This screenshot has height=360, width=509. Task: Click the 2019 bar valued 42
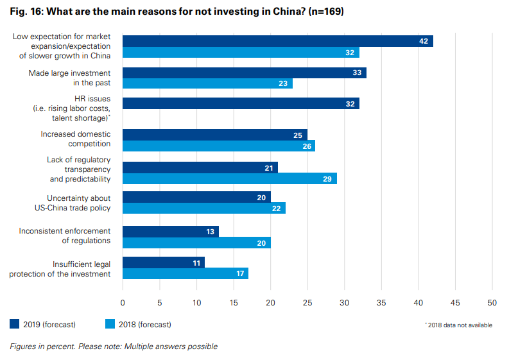(277, 41)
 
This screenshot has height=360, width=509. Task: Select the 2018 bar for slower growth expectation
(241, 53)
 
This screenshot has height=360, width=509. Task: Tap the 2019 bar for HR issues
(241, 103)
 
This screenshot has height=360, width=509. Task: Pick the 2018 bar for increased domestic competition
(218, 146)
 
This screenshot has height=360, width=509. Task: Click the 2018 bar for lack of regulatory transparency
(229, 178)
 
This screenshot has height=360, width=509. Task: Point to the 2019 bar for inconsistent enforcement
(170, 232)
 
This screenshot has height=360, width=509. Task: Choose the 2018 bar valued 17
(185, 273)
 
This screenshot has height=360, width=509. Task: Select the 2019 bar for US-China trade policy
(196, 197)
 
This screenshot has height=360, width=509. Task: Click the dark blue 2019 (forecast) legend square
(15, 324)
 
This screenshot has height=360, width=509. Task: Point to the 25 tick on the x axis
(307, 302)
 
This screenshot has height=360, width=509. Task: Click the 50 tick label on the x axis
(492, 302)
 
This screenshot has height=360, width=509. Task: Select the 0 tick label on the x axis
(123, 302)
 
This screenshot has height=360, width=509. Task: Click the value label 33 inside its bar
(358, 73)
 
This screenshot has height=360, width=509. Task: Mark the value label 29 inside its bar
(327, 178)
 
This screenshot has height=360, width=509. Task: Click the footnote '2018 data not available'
(459, 325)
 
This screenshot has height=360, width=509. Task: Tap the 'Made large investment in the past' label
(69, 78)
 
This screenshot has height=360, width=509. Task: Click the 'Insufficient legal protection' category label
(60, 269)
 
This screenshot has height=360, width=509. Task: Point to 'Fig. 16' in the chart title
(26, 12)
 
